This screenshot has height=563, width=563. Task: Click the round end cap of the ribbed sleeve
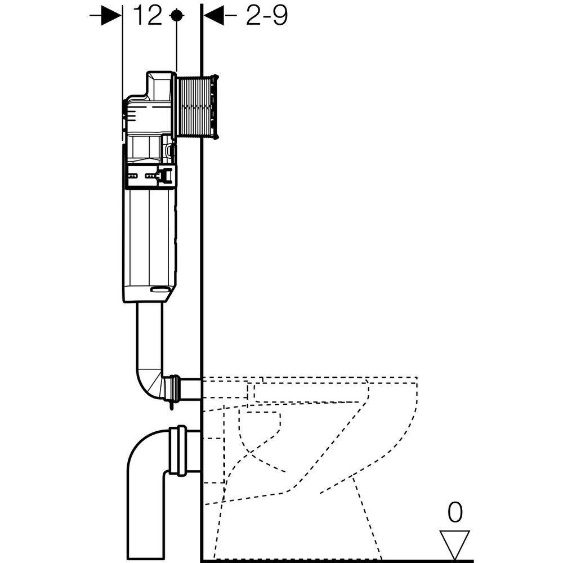coord(213,105)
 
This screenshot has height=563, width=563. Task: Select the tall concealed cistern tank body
coord(148,236)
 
